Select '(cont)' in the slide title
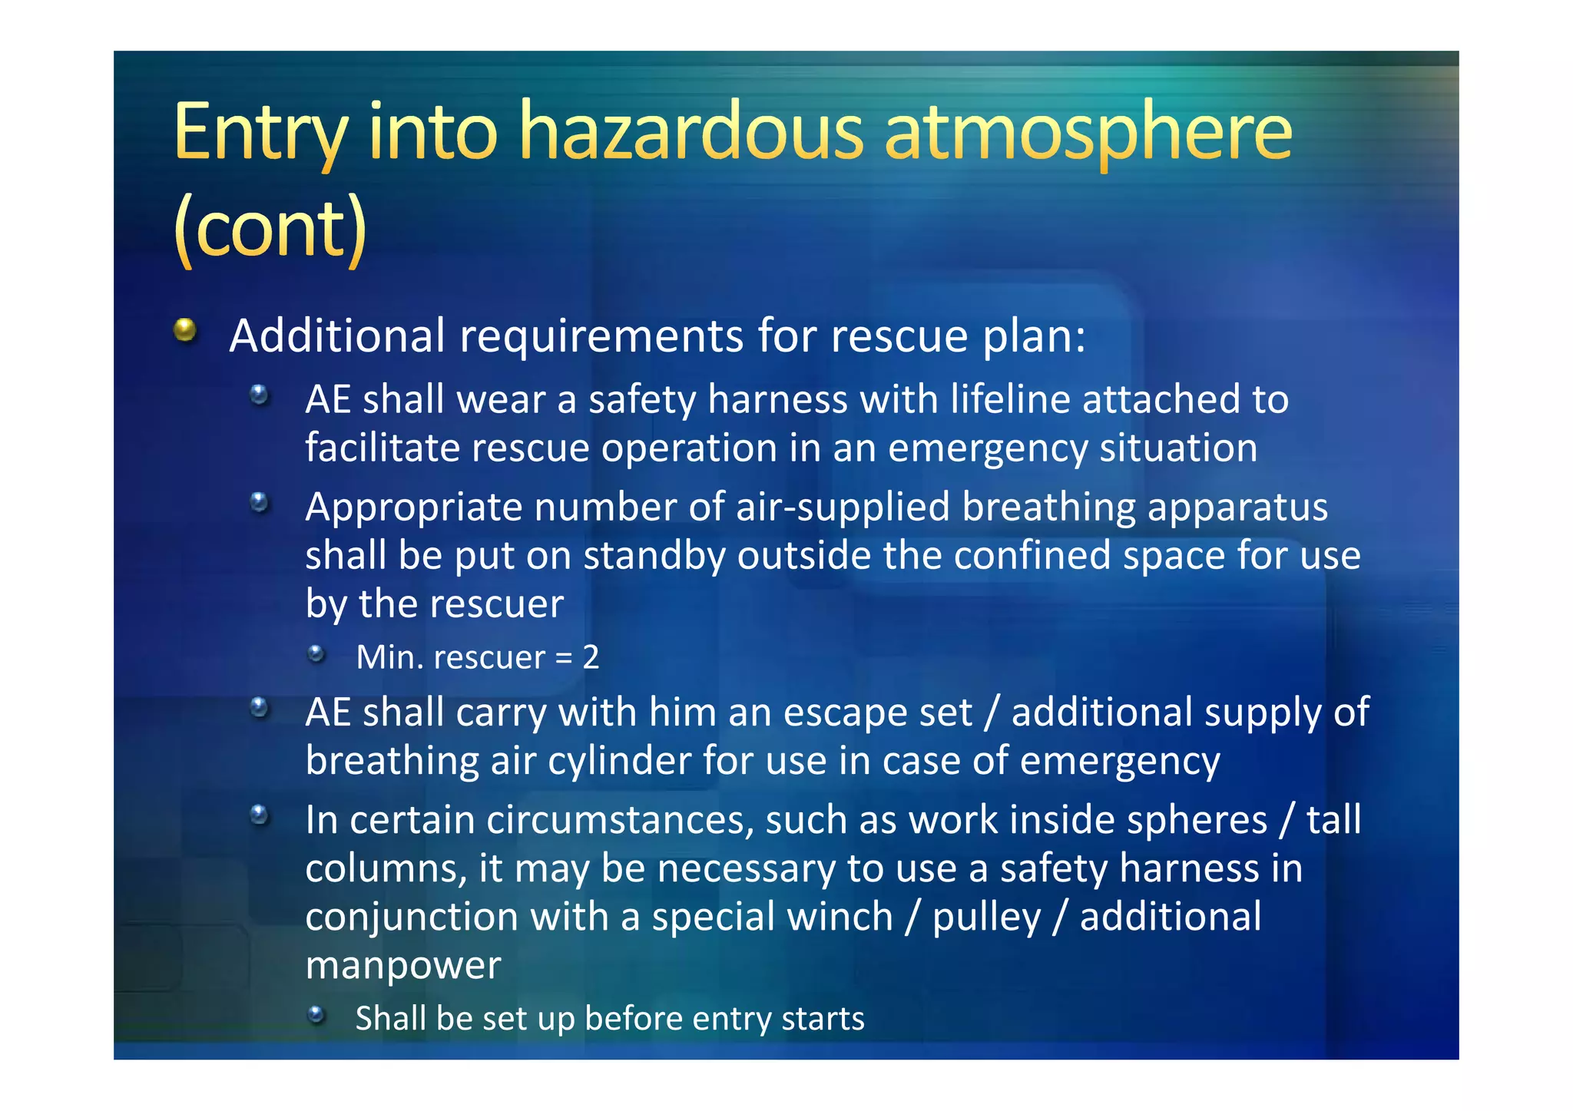270,229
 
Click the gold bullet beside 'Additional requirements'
185,330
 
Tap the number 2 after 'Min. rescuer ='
591,657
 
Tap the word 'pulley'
986,917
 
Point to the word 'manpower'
403,965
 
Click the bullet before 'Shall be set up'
316,1015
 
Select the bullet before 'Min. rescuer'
316,654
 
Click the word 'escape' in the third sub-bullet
839,713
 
